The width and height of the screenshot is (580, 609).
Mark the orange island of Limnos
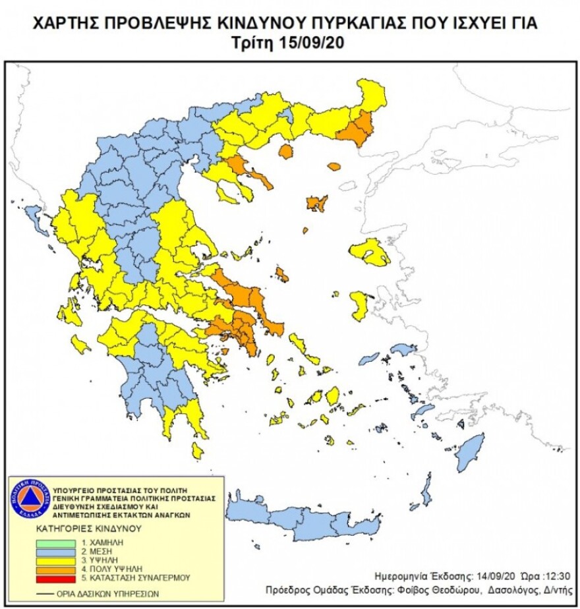[x=317, y=203]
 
